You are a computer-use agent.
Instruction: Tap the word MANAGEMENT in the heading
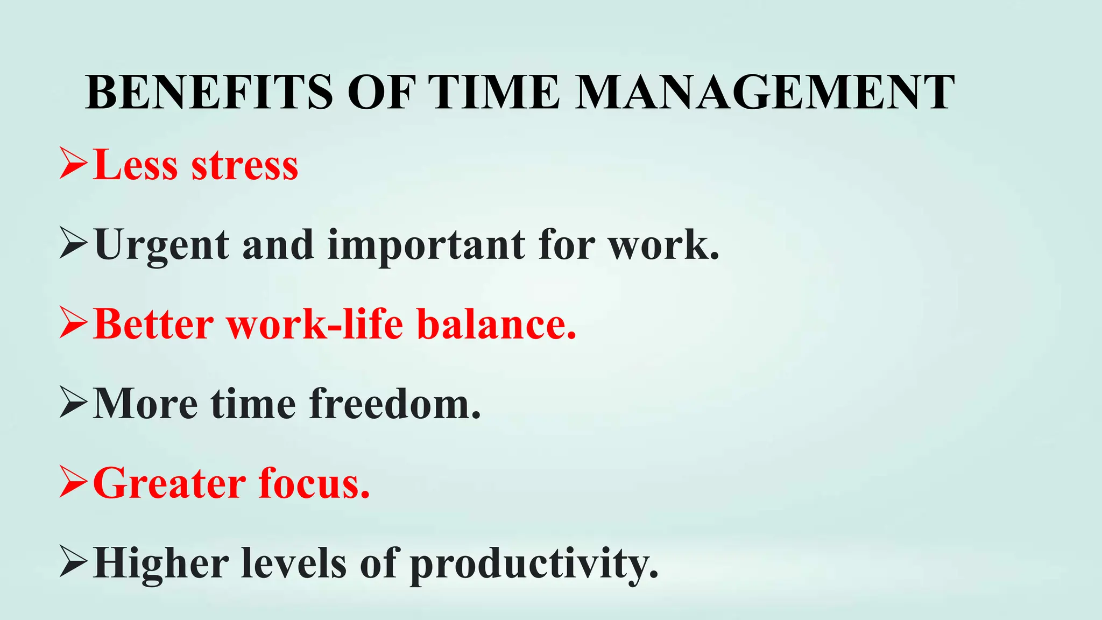[764, 93]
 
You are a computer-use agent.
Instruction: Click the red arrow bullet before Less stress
[73, 165]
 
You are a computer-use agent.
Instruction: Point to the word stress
[245, 166]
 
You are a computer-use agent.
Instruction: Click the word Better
[153, 324]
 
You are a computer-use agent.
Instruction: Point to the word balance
[496, 324]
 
